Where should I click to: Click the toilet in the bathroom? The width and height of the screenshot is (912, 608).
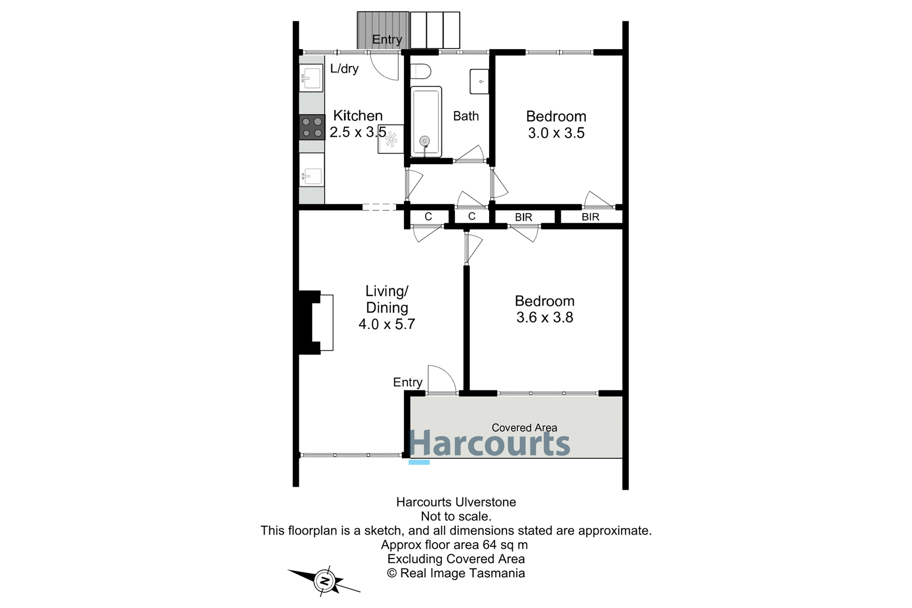421,71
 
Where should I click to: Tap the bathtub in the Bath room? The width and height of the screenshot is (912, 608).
426,122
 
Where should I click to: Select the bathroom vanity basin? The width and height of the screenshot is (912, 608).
479,81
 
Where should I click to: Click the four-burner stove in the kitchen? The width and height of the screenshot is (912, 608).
312,127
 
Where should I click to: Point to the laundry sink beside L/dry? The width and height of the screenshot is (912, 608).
311,78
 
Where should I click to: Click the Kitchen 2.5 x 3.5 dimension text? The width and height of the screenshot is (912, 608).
358,132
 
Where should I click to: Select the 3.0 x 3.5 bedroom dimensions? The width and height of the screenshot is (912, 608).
556,133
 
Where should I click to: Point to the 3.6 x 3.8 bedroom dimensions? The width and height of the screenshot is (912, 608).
544,318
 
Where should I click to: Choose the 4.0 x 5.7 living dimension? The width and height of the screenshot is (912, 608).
387,324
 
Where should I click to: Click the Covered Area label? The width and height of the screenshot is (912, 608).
524,428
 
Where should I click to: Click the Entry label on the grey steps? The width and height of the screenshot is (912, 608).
387,39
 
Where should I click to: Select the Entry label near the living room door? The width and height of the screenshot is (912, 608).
408,382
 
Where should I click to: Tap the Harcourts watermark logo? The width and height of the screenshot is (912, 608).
489,444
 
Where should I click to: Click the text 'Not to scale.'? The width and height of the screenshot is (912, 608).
456,516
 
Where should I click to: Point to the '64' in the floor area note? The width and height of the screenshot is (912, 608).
490,545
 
